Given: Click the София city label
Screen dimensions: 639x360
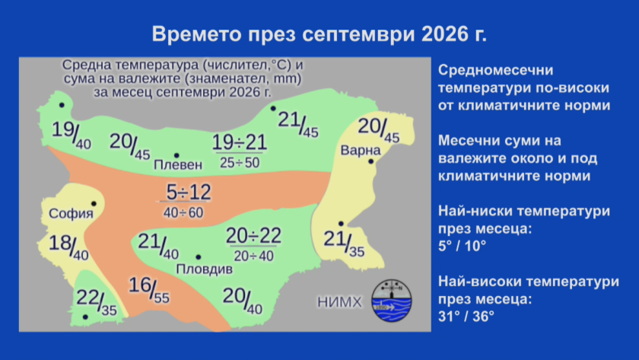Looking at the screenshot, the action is [x=71, y=213].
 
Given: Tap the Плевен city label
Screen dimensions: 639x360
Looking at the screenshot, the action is [x=178, y=164].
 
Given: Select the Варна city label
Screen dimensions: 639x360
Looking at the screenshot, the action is [x=361, y=151].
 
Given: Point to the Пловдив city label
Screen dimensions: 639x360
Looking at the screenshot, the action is [x=204, y=269].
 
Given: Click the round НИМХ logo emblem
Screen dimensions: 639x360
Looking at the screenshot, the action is [x=392, y=301].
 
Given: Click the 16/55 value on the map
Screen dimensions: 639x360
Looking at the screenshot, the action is [x=149, y=290].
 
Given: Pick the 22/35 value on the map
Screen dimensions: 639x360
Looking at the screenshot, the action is [x=97, y=302].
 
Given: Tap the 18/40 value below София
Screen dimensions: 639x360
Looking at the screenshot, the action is [x=68, y=247].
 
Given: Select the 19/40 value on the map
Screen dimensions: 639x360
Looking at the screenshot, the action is [x=72, y=135].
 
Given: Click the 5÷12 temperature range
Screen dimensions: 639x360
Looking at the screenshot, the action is [x=189, y=192].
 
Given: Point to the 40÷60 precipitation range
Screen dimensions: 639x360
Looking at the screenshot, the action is [x=183, y=212].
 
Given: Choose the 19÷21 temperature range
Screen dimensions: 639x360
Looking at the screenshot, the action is [x=240, y=142].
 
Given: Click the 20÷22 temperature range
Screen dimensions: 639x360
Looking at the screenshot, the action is [x=253, y=236].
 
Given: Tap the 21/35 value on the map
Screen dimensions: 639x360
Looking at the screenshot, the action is [x=344, y=244].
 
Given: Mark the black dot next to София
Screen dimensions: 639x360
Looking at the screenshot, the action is [x=94, y=203].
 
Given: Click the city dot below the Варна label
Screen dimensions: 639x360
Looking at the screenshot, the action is [x=371, y=161].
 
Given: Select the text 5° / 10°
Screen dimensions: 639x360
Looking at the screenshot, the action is [x=463, y=247].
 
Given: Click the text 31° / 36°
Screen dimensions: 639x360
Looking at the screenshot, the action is [x=466, y=317].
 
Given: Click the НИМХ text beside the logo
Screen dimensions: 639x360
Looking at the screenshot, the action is [x=339, y=302].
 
